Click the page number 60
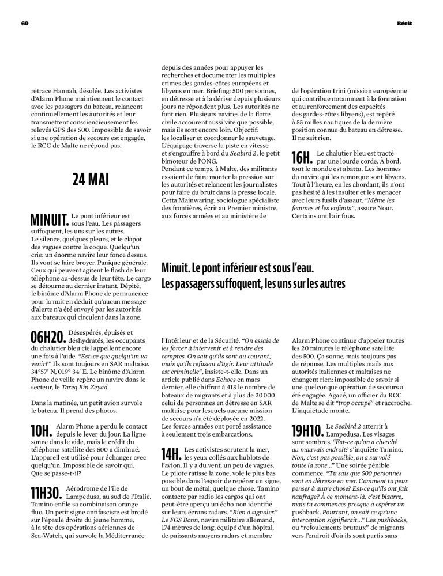point(25,22)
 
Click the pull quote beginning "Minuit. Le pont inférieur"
point(245,276)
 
